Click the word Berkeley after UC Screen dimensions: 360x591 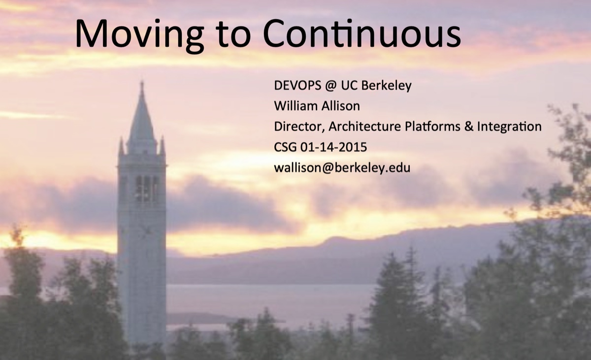pos(387,86)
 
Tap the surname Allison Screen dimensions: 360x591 pos(342,106)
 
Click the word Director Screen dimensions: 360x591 pos(299,127)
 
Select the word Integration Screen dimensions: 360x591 pos(509,127)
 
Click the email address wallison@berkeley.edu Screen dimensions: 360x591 pos(342,167)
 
